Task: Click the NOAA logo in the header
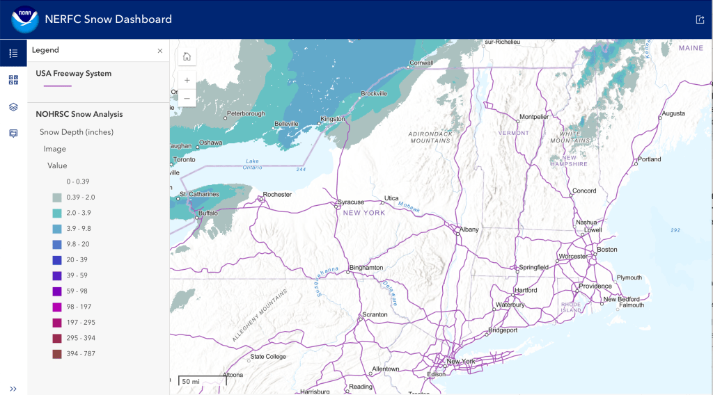[24, 19]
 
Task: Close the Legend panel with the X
[159, 51]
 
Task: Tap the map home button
[187, 57]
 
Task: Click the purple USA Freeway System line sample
[57, 86]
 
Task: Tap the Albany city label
[469, 229]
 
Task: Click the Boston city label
[607, 249]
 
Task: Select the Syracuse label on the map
[351, 202]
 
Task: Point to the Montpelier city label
[534, 116]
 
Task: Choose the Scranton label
[375, 314]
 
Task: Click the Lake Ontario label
[252, 164]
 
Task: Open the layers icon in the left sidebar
[13, 106]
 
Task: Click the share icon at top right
[699, 19]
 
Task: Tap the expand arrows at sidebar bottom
[13, 388]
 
